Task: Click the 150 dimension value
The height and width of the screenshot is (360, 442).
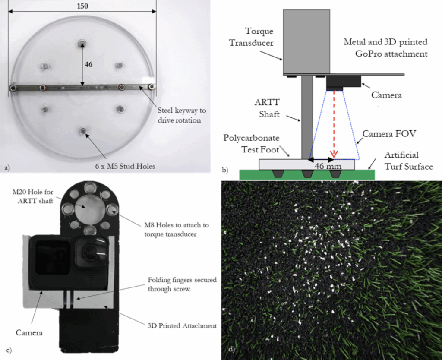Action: pyautogui.click(x=82, y=6)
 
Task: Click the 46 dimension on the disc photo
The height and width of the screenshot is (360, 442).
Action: pyautogui.click(x=88, y=65)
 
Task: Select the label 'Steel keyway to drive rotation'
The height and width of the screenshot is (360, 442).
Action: pyautogui.click(x=182, y=115)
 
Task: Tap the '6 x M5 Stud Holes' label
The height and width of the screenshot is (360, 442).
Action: pyautogui.click(x=125, y=166)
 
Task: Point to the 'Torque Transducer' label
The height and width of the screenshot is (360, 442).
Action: pyautogui.click(x=251, y=37)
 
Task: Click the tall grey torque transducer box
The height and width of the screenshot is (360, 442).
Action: pyautogui.click(x=306, y=41)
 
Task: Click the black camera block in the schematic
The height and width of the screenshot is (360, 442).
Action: pyautogui.click(x=344, y=81)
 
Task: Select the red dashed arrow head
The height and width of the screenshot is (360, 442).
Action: pyautogui.click(x=334, y=154)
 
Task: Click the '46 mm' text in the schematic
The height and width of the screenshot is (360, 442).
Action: pyautogui.click(x=328, y=166)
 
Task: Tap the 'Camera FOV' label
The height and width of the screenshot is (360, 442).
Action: pyautogui.click(x=389, y=134)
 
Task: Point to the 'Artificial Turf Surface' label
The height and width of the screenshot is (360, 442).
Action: pyautogui.click(x=409, y=161)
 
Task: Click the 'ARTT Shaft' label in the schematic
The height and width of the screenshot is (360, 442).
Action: pyautogui.click(x=267, y=108)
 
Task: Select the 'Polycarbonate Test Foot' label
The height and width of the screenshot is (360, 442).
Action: pyautogui.click(x=252, y=143)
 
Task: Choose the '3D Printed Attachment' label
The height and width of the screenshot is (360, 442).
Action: pyautogui.click(x=182, y=326)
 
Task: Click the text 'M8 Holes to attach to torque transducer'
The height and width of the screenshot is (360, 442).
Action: pyautogui.click(x=177, y=230)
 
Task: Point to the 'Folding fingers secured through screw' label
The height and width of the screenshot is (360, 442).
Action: pyautogui.click(x=182, y=284)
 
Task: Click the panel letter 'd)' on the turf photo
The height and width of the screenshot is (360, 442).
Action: pyautogui.click(x=231, y=350)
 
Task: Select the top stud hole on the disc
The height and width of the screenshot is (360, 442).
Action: pyautogui.click(x=82, y=43)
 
